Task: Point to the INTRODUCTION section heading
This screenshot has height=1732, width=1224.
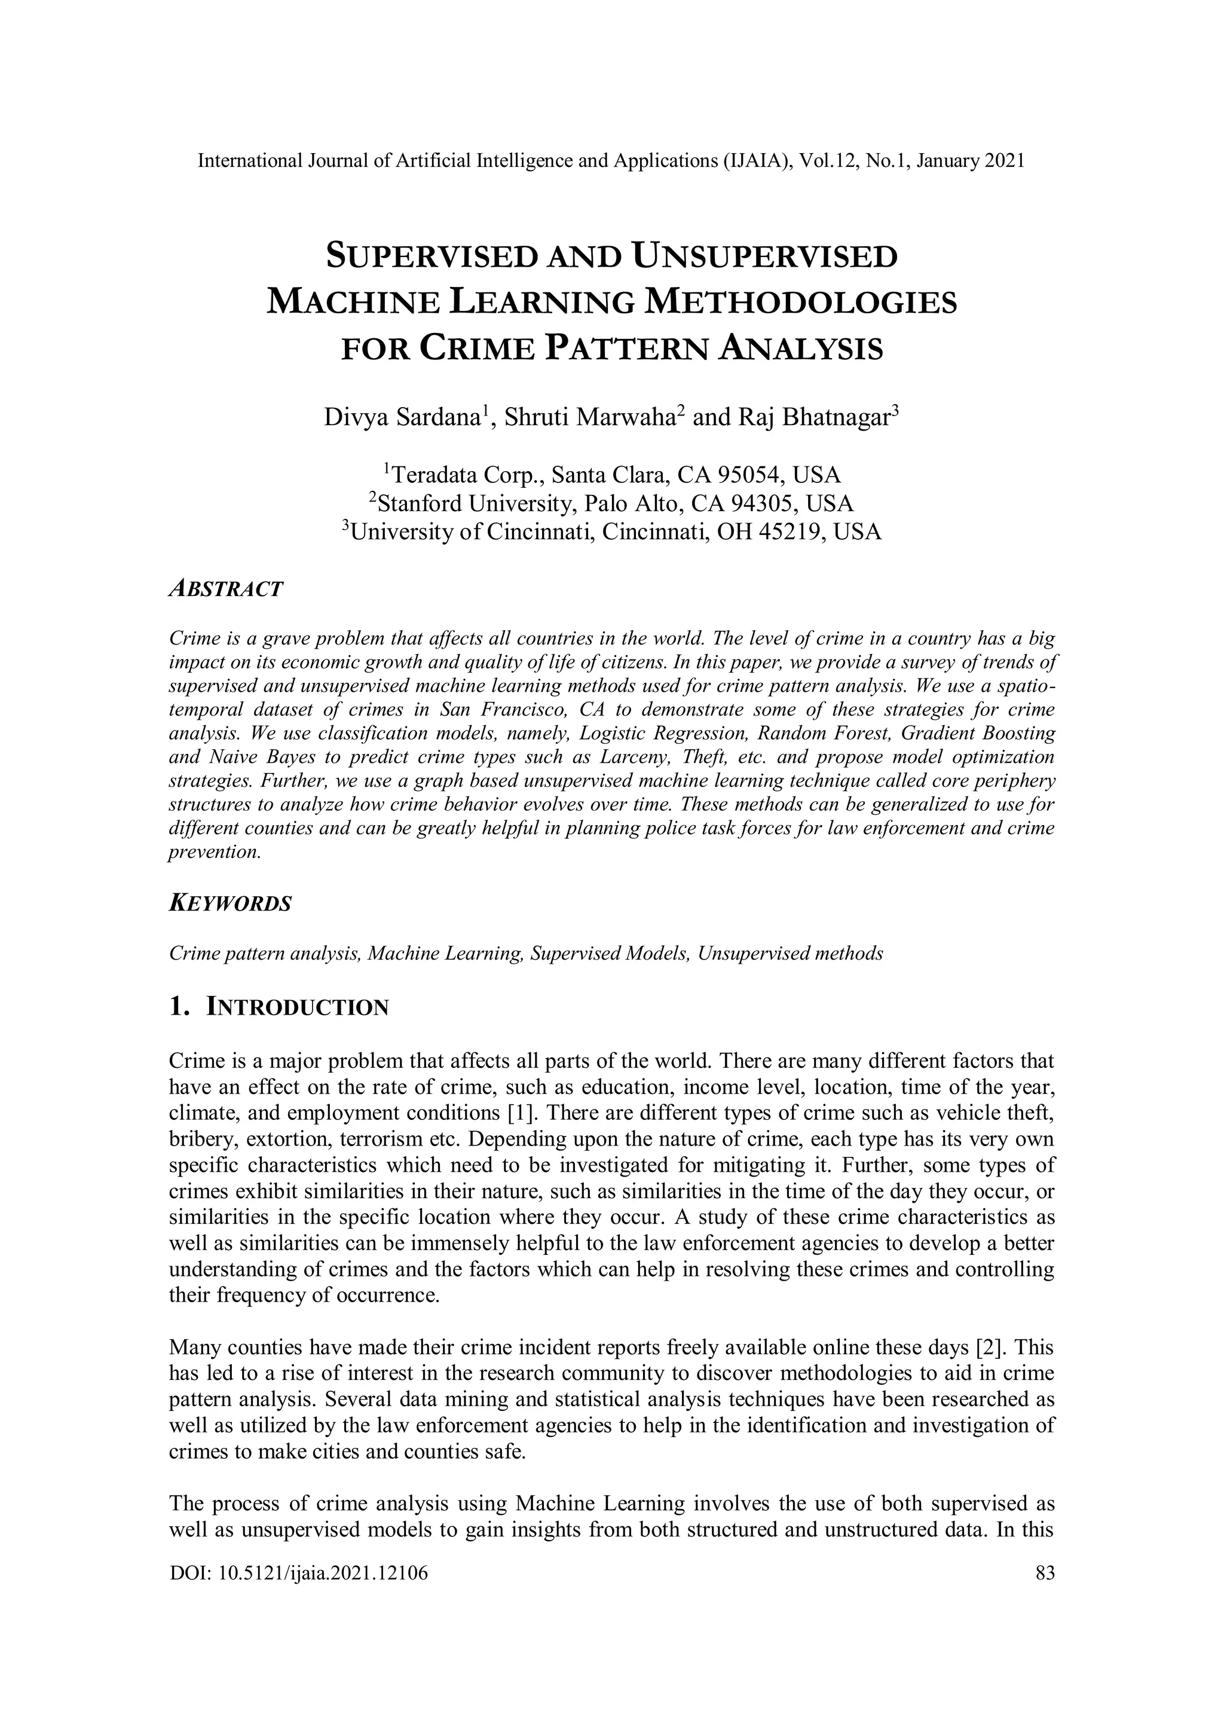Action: [x=297, y=1007]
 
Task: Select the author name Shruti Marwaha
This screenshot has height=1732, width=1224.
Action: [x=587, y=417]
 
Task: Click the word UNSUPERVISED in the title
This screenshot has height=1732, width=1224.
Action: [x=766, y=256]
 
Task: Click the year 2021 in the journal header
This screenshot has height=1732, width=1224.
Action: [x=1004, y=161]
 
